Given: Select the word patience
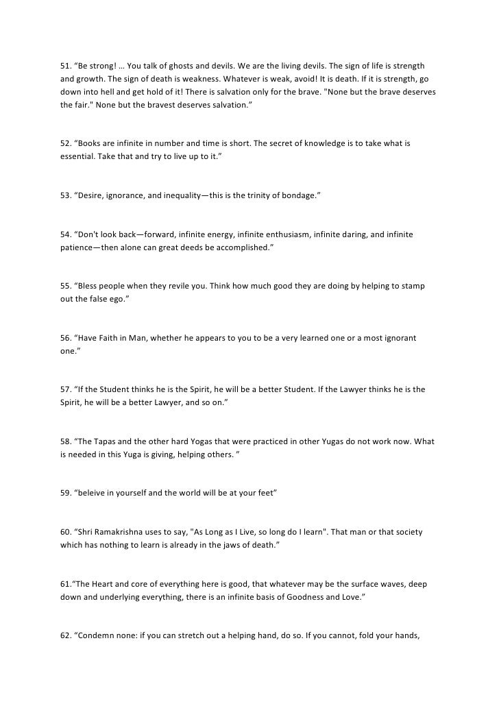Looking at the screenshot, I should point(75,248).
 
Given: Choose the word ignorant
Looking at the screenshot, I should point(398,338).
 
